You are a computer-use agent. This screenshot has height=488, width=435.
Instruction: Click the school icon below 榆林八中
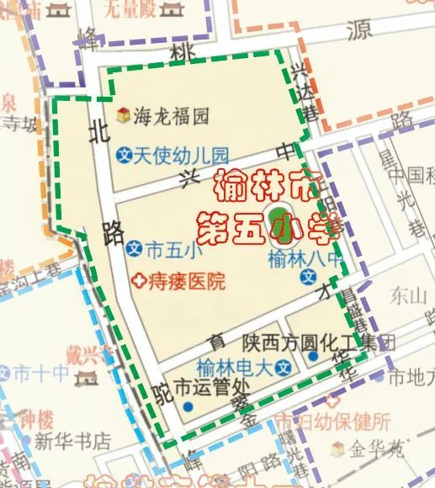click(310, 277)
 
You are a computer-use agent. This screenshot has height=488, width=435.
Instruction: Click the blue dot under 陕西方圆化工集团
click(313, 357)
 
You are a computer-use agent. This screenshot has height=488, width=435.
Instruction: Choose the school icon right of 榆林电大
click(286, 368)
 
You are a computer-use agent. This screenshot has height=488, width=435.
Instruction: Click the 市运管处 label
click(213, 390)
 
